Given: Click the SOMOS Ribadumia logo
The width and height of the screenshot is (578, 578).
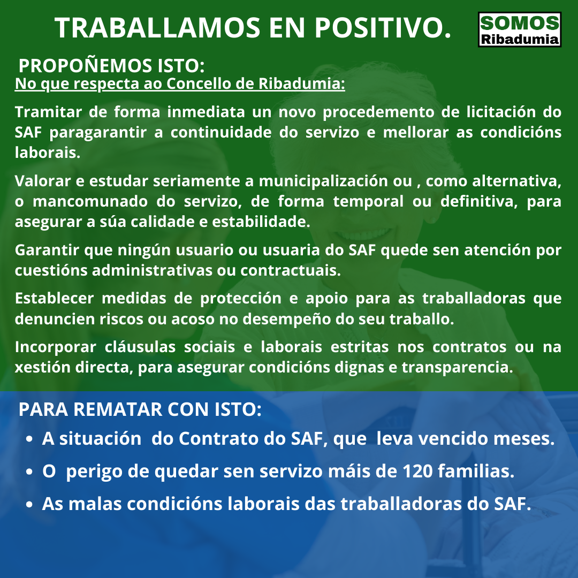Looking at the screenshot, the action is point(519,29).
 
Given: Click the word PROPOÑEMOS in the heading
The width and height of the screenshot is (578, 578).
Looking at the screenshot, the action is point(85,66).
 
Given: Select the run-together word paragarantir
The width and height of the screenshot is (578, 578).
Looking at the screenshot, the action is point(98,132).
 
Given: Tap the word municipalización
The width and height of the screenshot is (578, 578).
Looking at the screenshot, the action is point(323,181).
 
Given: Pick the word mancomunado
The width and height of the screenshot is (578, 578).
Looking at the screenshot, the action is point(90,201).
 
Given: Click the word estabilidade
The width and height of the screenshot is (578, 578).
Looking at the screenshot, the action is point(261,222).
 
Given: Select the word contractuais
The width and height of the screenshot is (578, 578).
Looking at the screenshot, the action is point(291,271).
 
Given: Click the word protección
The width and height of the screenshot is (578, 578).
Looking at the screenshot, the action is point(241,299).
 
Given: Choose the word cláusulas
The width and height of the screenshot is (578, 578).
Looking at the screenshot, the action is point(140,347).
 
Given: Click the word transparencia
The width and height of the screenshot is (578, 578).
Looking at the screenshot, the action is point(457,368).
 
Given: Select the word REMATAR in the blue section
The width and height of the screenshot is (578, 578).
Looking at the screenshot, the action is point(118,409).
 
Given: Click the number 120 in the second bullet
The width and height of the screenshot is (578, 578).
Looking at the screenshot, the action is point(417,471).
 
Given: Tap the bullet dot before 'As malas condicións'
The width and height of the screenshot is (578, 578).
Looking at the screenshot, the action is point(29,505).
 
